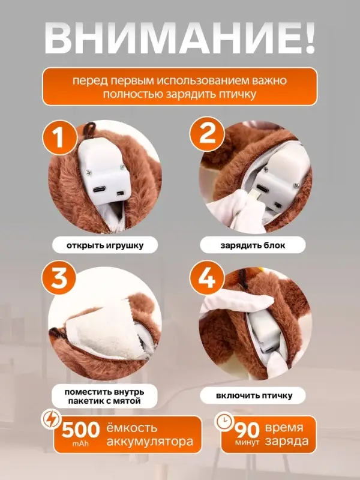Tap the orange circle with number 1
point(59,139)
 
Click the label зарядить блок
point(252,245)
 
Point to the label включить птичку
point(252,396)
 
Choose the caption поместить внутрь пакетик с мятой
point(101,396)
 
